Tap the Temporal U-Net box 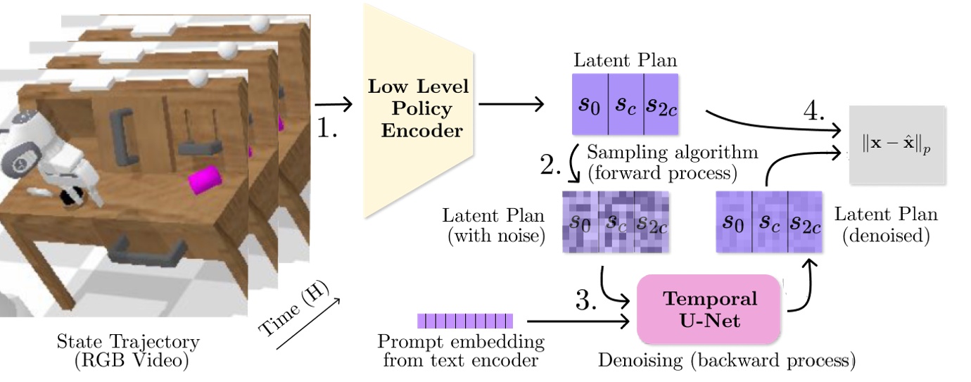point(709,307)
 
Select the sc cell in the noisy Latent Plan point(616,222)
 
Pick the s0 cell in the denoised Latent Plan point(734,222)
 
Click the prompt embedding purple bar point(465,321)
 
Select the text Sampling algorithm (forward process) point(672,161)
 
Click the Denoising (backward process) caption point(726,362)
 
